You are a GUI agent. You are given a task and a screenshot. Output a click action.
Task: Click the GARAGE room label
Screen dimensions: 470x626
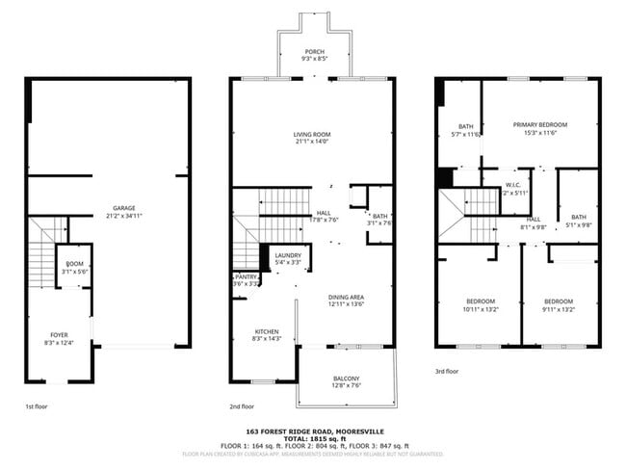124,208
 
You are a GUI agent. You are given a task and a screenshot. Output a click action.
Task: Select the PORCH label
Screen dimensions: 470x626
314,51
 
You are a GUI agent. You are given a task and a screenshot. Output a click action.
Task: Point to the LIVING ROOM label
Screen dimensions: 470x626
312,134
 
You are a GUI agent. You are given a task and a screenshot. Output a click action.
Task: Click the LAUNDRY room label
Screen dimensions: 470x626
288,255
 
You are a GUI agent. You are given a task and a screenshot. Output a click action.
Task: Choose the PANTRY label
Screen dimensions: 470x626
245,277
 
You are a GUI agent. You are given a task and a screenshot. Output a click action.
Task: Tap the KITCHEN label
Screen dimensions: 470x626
267,331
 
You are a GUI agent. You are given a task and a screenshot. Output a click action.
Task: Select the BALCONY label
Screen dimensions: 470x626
346,379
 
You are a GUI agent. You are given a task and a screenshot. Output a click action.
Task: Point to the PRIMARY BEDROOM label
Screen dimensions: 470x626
539,125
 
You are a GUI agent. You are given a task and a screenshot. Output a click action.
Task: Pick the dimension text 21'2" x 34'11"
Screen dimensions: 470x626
124,216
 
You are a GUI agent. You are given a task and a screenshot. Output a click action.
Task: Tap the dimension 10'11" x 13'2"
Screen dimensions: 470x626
481,310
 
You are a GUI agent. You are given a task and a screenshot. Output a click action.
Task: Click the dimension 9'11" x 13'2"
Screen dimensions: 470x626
558,310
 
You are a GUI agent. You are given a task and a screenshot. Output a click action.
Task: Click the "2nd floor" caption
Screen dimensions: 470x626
243,406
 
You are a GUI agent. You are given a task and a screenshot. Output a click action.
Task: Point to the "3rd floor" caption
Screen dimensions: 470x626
446,371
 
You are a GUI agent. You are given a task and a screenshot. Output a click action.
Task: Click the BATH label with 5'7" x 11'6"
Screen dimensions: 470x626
466,126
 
